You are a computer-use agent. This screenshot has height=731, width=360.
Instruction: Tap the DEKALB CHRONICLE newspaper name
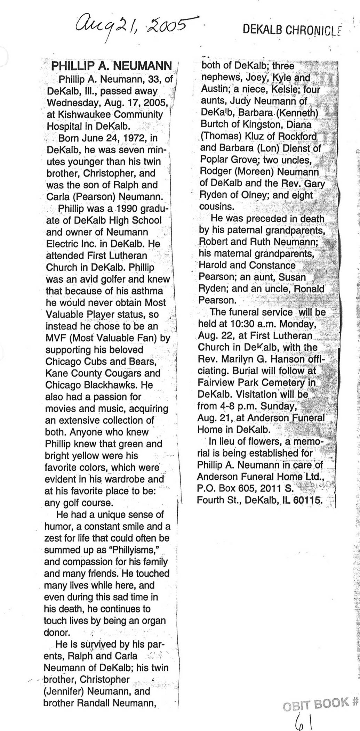(291, 30)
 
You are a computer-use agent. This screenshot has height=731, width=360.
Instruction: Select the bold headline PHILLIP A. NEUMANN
(111, 66)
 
